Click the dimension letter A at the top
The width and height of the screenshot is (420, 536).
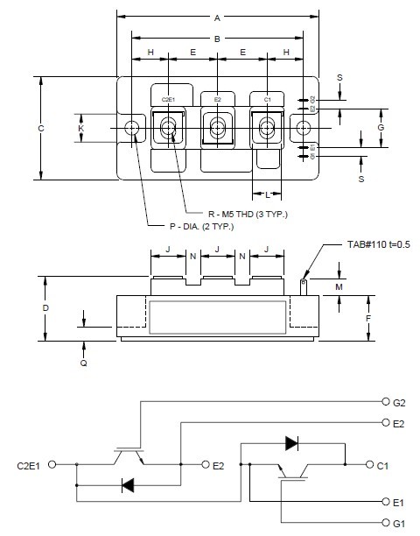coord(217,17)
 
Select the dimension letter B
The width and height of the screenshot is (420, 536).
coord(217,38)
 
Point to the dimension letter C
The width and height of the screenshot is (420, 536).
coord(41,129)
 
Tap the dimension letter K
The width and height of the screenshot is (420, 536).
coord(81,129)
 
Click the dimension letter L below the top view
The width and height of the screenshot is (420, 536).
coord(267,194)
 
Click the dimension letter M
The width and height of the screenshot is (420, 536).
coord(339,286)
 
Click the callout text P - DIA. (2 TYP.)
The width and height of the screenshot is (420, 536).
coord(203,227)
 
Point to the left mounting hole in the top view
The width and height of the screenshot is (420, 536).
coord(132,128)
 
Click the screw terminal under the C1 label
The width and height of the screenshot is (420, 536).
coord(267,129)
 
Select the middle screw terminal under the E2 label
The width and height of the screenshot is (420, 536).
coord(217,129)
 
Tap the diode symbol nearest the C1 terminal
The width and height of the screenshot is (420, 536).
coord(293,443)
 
